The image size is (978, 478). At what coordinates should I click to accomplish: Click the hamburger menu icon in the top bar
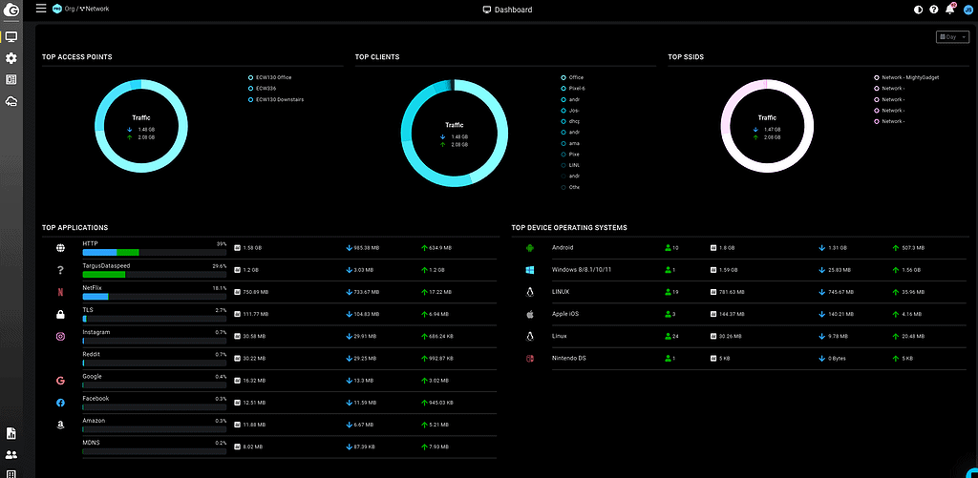pyautogui.click(x=41, y=9)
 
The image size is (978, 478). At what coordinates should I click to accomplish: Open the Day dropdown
pyautogui.click(x=953, y=37)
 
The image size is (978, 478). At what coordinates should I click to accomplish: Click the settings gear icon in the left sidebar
pyautogui.click(x=11, y=58)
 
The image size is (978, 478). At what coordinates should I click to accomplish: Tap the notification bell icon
pyautogui.click(x=949, y=10)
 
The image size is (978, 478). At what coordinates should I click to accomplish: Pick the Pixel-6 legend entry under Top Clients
pyautogui.click(x=576, y=88)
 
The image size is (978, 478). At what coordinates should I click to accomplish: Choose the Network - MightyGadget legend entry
pyautogui.click(x=909, y=77)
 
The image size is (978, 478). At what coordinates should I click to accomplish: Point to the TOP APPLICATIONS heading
pyautogui.click(x=74, y=227)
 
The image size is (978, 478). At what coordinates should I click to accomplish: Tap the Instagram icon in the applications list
pyautogui.click(x=60, y=336)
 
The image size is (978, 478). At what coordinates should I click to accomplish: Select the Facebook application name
pyautogui.click(x=96, y=398)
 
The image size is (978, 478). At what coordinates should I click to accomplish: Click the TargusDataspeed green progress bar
pyautogui.click(x=104, y=275)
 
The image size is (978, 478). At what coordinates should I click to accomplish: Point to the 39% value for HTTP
pyautogui.click(x=221, y=244)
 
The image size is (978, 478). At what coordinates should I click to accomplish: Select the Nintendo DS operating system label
pyautogui.click(x=570, y=358)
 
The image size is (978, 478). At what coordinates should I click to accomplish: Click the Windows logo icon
pyautogui.click(x=528, y=270)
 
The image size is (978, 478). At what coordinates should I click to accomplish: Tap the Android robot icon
pyautogui.click(x=528, y=248)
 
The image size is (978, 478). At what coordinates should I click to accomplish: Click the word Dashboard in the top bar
pyautogui.click(x=514, y=10)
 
